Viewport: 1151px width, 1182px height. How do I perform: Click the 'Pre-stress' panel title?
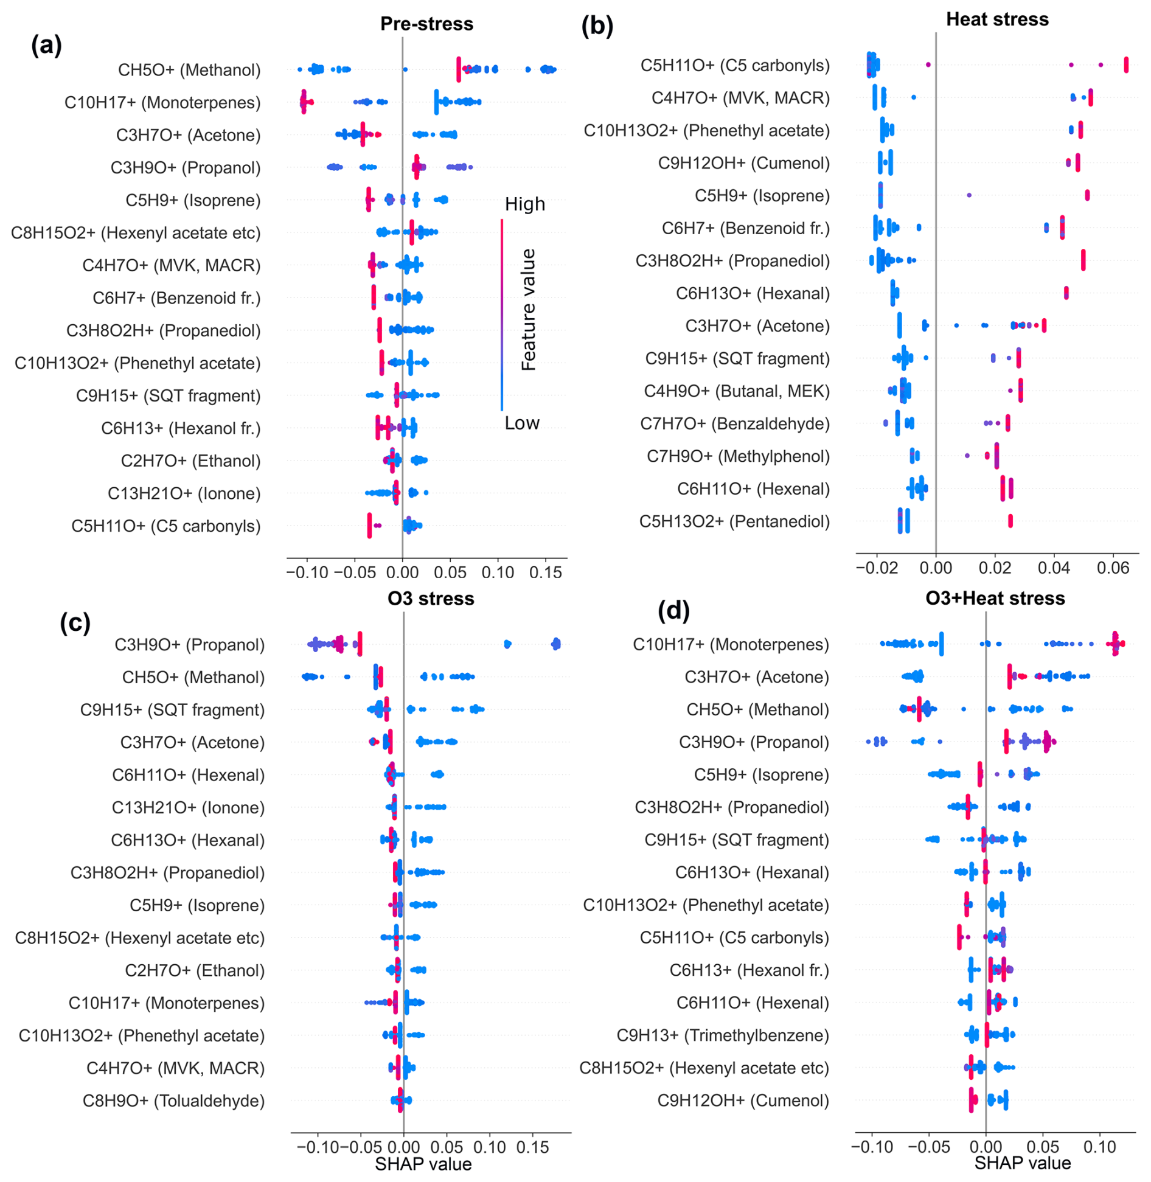(x=426, y=24)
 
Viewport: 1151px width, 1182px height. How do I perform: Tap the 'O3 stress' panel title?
(x=431, y=599)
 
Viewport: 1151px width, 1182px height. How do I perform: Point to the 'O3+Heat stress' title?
(x=995, y=599)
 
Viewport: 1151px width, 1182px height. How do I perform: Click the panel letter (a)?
(x=46, y=45)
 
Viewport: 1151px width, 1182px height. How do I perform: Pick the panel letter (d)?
(x=673, y=610)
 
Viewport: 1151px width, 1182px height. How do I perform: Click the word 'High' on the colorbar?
(x=524, y=204)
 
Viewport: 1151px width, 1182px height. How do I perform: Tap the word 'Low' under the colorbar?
(x=522, y=423)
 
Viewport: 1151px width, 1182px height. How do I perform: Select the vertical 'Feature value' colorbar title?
(x=528, y=310)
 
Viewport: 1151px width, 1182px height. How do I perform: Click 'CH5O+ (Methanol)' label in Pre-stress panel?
(x=189, y=70)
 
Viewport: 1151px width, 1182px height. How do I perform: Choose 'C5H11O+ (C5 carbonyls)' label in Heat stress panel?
(x=735, y=66)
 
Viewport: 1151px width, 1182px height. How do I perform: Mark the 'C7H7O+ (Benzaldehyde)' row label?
(x=735, y=424)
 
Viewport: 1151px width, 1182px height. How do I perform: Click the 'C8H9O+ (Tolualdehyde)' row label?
(x=174, y=1101)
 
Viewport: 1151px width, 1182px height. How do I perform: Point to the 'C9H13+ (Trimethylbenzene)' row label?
(x=723, y=1036)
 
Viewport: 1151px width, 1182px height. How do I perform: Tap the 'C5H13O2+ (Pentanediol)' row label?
(x=734, y=522)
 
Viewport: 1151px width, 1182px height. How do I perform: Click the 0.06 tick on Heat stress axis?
(x=1113, y=568)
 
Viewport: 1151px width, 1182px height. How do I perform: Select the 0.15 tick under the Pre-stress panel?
(x=545, y=572)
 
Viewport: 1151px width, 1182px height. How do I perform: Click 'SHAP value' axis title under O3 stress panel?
(x=423, y=1164)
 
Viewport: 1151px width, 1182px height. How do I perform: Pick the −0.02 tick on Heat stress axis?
(x=876, y=568)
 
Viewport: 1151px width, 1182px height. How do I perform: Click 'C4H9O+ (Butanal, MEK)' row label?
(x=737, y=391)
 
